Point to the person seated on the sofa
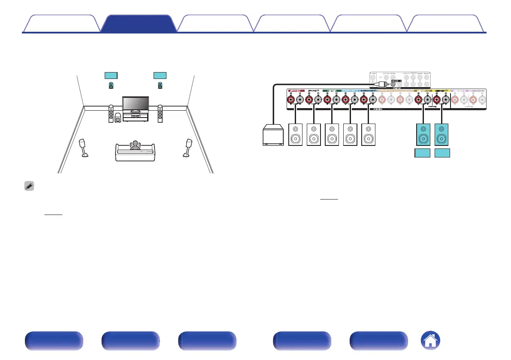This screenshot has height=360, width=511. [136, 146]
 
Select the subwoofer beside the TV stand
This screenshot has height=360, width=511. [118, 118]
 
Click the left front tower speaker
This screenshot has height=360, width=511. [111, 114]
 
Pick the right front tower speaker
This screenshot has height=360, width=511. [160, 114]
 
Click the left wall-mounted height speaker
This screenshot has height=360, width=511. [111, 86]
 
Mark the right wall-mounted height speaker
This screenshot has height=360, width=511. [160, 86]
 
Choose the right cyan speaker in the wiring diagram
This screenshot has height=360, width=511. [442, 134]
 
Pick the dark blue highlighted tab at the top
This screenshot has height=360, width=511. [138, 23]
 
